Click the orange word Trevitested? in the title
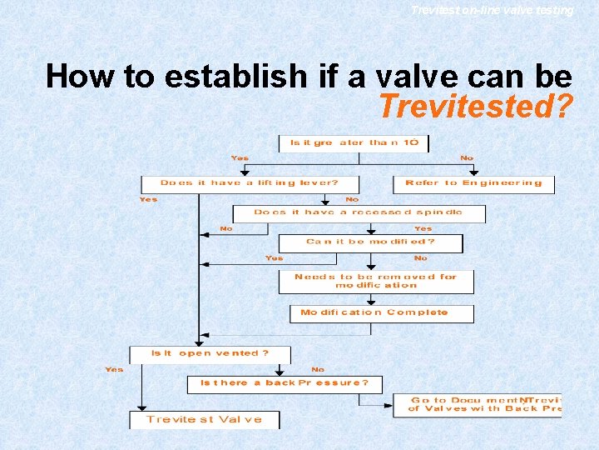474,106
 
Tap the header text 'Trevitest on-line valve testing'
492,10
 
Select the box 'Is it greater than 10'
354,142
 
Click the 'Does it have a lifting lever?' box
250,183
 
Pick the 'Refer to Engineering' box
473,183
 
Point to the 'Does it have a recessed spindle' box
359,212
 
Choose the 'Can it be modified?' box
370,242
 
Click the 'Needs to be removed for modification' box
376,281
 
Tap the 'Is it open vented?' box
210,353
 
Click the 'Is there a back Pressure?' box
284,383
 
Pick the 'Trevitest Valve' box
204,419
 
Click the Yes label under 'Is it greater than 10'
240,158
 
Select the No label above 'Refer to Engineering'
467,158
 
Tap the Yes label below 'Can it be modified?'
274,258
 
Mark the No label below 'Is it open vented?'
318,369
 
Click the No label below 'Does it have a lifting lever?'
352,199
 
